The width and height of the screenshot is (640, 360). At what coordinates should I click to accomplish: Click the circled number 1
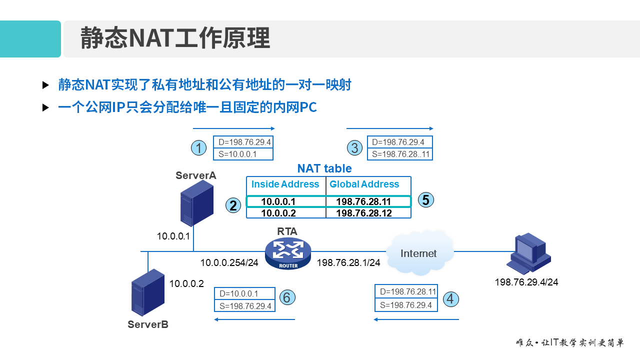coord(199,148)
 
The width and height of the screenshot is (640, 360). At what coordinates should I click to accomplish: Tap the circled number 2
coord(233,205)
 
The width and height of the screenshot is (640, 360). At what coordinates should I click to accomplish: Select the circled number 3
coord(354,148)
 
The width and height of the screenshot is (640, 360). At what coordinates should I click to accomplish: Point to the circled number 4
coord(451,299)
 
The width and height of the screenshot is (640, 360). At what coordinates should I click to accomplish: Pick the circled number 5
coord(425,200)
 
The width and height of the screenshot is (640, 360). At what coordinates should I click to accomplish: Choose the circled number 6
coord(286,297)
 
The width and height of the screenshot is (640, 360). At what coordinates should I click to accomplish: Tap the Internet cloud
coord(419,253)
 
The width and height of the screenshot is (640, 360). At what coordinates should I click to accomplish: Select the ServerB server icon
coord(148,292)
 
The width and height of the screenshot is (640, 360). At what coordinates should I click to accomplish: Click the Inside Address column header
coord(285,184)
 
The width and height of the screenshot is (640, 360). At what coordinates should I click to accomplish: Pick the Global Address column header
coord(364,184)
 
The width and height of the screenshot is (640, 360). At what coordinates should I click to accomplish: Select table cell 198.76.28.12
coord(363,213)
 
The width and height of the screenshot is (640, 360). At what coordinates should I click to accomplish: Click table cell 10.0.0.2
coord(278,213)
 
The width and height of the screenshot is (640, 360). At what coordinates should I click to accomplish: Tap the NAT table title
coord(324,168)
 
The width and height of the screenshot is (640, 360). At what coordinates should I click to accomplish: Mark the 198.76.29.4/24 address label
coord(526,282)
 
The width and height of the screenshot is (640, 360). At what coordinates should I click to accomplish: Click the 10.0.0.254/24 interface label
coord(229,262)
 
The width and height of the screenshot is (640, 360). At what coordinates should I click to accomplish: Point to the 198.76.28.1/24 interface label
coord(348,262)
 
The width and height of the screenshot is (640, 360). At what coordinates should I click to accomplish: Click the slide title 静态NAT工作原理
coord(175,38)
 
